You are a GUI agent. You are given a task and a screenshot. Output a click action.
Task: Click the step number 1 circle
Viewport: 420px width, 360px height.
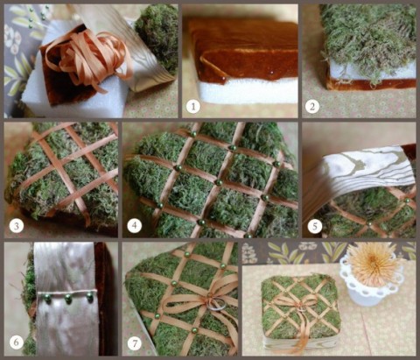(193, 106)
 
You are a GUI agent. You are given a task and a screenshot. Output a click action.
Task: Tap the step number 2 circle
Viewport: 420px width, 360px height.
(312, 106)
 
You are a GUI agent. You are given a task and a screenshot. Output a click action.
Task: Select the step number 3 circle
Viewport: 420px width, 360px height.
(17, 226)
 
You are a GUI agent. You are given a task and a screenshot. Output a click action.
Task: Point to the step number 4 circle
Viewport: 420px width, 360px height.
(134, 225)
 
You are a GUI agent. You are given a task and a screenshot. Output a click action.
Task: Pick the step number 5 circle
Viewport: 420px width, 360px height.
(315, 226)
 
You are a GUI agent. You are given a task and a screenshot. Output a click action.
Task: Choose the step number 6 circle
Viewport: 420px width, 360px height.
(17, 342)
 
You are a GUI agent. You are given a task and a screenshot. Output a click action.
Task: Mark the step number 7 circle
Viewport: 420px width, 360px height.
(135, 343)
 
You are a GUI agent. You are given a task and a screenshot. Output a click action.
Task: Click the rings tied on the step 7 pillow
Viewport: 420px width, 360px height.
(216, 305)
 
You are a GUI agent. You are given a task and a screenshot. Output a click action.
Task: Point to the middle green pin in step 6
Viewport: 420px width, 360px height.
(68, 299)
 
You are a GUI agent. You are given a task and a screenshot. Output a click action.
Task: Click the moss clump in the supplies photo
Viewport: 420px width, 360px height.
(157, 37)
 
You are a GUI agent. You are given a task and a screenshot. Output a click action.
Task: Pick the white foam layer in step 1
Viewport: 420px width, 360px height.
(248, 91)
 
